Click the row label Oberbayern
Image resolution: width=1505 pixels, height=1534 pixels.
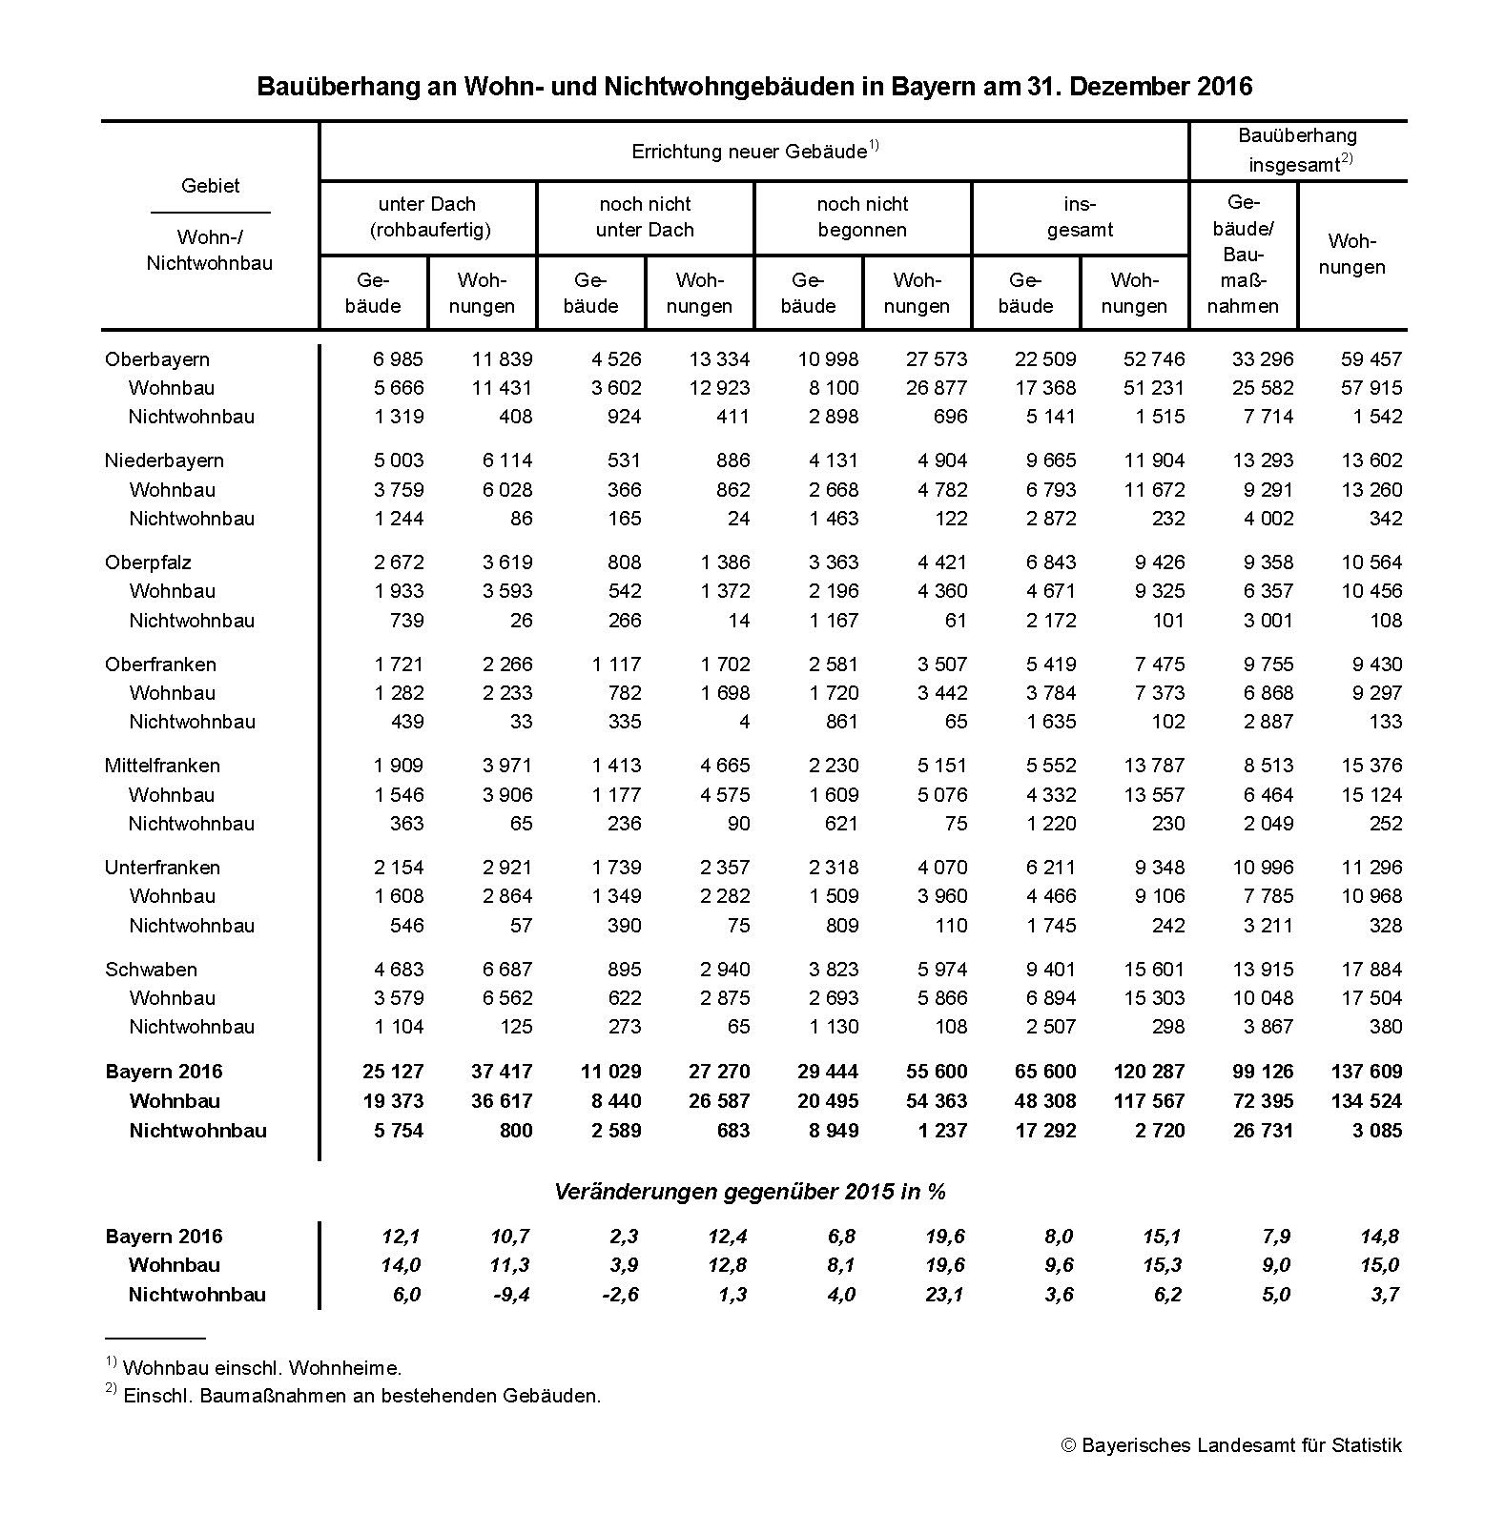(156, 359)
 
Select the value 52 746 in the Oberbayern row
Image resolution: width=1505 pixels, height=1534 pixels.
(1153, 359)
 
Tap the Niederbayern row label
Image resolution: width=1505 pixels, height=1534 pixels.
(164, 460)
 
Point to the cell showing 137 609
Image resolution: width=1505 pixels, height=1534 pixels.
(1366, 1072)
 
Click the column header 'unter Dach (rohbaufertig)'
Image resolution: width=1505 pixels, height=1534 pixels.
(427, 217)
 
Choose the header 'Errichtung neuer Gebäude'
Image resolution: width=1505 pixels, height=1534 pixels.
(749, 152)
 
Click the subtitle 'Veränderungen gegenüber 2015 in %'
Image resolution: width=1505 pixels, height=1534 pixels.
(750, 1192)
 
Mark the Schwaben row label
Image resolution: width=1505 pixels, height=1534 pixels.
(151, 970)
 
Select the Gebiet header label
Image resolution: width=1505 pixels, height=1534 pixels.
(210, 186)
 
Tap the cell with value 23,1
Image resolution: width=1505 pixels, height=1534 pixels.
(944, 1295)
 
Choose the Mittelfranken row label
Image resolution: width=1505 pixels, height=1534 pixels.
(162, 766)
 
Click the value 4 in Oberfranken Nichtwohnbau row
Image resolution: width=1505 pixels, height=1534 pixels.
(744, 722)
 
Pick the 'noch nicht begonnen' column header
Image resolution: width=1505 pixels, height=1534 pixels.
(862, 217)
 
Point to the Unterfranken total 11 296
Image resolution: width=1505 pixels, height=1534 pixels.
(1371, 868)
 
